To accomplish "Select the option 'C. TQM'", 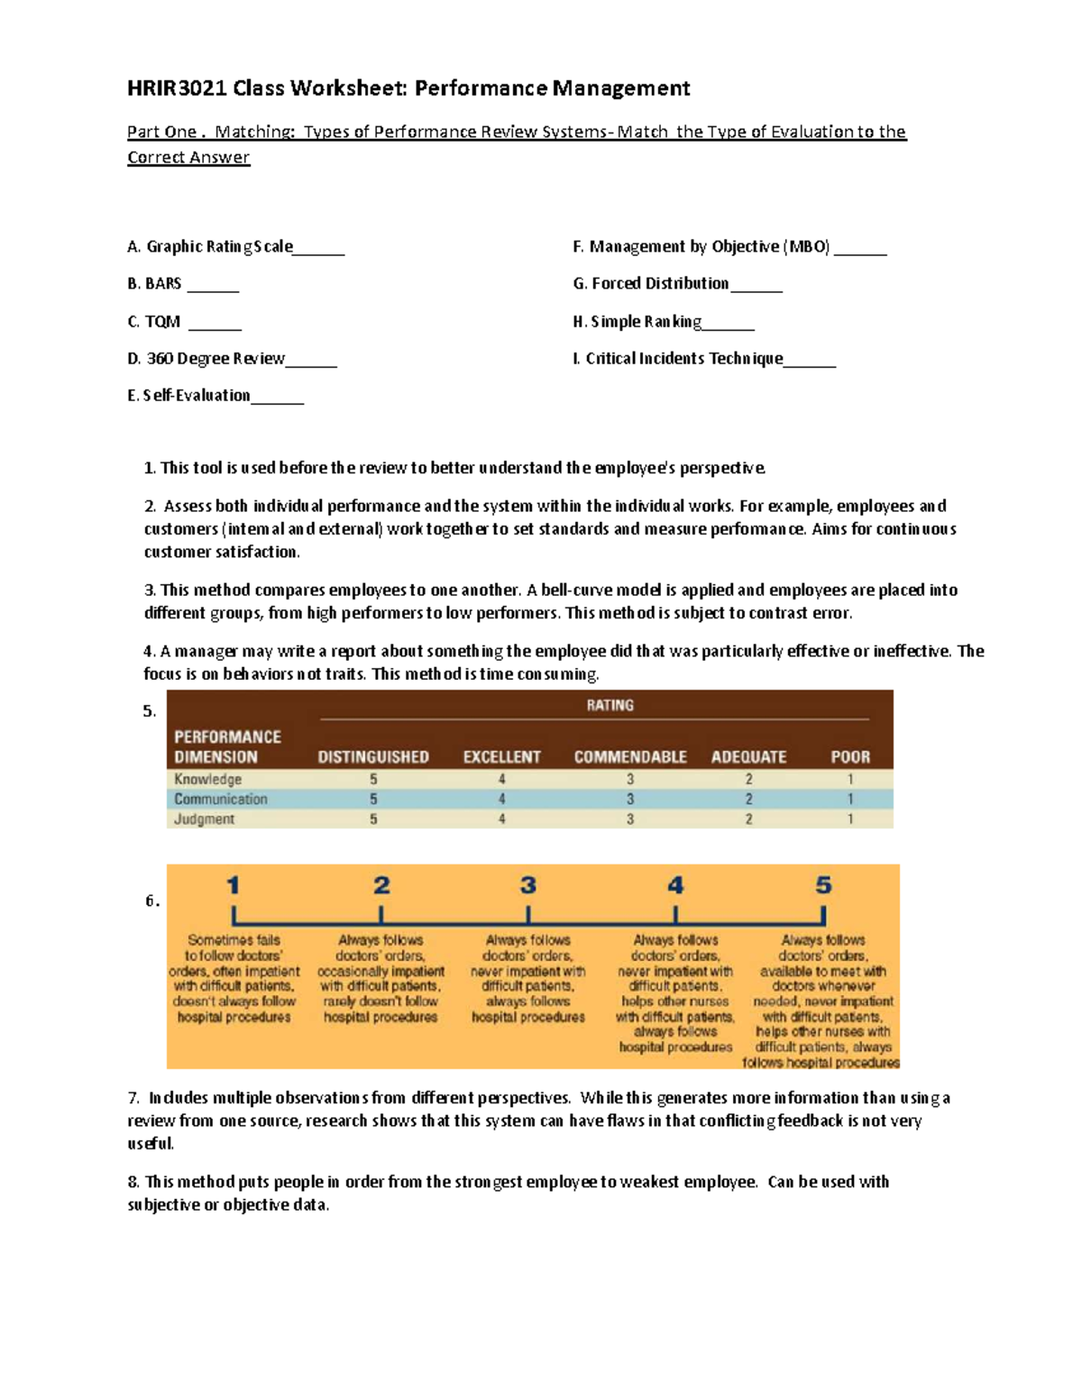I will (154, 322).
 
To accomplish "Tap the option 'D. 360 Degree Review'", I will (206, 359).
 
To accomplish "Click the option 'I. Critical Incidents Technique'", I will (677, 359).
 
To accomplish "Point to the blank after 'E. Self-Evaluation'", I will (278, 398).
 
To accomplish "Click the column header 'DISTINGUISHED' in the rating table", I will (373, 757).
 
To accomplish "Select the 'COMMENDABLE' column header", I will (630, 757).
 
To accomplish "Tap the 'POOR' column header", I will (850, 757).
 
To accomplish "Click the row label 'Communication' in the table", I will (221, 799).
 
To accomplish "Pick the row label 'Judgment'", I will (205, 819).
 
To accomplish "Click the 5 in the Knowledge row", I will (373, 779).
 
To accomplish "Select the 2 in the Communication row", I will (748, 799).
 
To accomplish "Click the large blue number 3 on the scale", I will (528, 885).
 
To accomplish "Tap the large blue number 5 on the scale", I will (823, 885).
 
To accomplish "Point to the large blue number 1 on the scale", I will (234, 885).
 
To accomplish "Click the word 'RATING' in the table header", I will (610, 705).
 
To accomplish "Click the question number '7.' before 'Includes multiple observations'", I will (133, 1098).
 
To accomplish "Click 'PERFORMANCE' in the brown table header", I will (227, 737).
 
